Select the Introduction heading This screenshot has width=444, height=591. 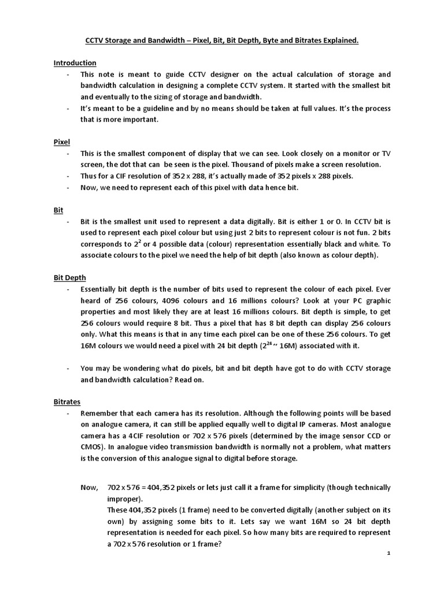[x=75, y=62]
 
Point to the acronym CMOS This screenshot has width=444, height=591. [x=92, y=447]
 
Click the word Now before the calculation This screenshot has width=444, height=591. [x=89, y=488]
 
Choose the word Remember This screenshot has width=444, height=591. [x=99, y=414]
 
